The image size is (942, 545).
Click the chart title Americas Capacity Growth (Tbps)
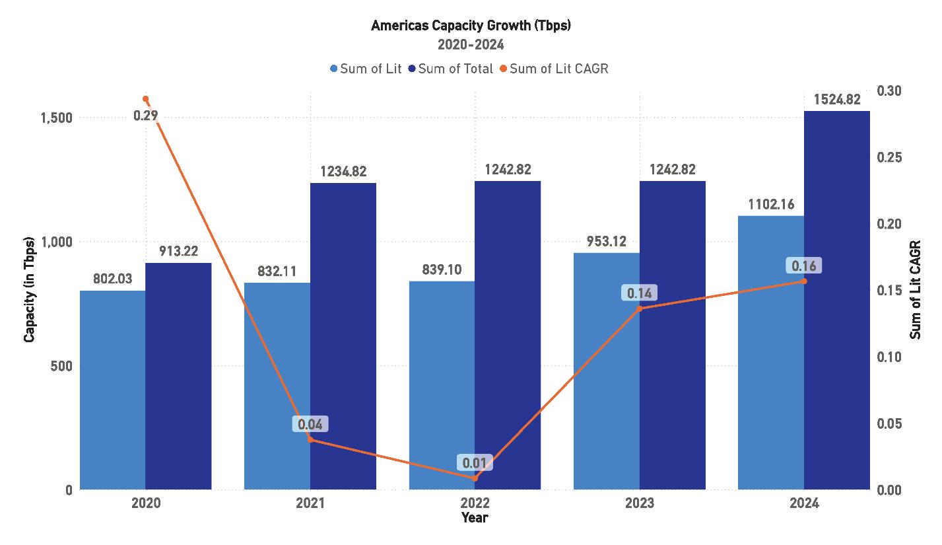click(471, 26)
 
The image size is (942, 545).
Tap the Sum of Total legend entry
click(450, 69)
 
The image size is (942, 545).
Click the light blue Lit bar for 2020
click(112, 390)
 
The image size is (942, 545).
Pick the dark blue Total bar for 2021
click(343, 336)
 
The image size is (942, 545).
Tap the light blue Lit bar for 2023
click(607, 371)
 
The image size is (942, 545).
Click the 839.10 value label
click(442, 270)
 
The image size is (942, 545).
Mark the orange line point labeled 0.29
click(145, 99)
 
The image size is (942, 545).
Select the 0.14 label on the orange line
click(639, 293)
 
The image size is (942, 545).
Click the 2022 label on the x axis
click(475, 504)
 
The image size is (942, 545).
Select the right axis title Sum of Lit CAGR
click(916, 290)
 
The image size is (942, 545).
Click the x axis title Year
click(475, 518)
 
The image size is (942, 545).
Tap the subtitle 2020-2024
click(471, 45)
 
